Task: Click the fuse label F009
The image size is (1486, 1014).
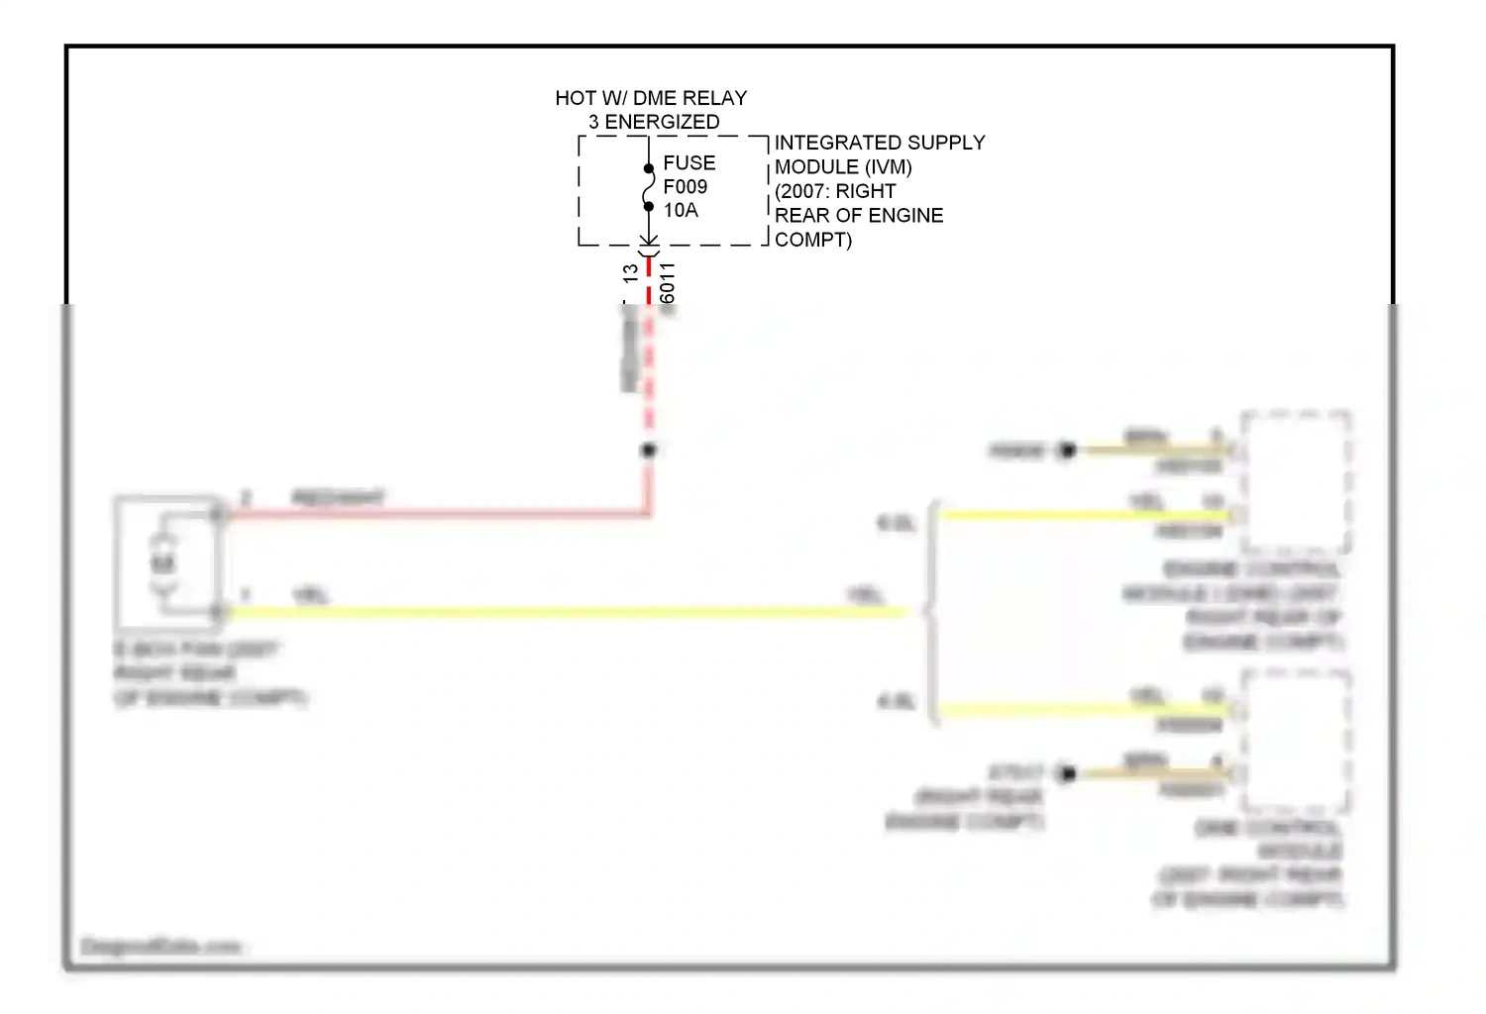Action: [685, 186]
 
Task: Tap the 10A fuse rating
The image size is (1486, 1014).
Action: [681, 210]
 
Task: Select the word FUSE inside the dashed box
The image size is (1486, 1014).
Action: [689, 162]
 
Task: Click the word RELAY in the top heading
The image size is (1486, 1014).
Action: [714, 98]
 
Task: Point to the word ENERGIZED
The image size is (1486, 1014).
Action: [662, 122]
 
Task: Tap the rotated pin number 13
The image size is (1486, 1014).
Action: [631, 273]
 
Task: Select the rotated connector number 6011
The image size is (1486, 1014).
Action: [668, 283]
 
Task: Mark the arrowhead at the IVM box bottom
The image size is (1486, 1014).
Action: [649, 241]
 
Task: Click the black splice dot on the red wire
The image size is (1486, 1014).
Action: [649, 451]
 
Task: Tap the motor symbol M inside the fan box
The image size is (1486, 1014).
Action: [162, 563]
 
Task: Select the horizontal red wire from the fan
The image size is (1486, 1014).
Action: [436, 514]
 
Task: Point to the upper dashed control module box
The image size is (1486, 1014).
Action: [1296, 482]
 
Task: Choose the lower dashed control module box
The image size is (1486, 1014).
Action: [1296, 741]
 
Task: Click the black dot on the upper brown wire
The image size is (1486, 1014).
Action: [1067, 451]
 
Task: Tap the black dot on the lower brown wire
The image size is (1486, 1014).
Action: [1067, 773]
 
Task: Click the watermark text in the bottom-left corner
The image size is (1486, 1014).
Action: [161, 947]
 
